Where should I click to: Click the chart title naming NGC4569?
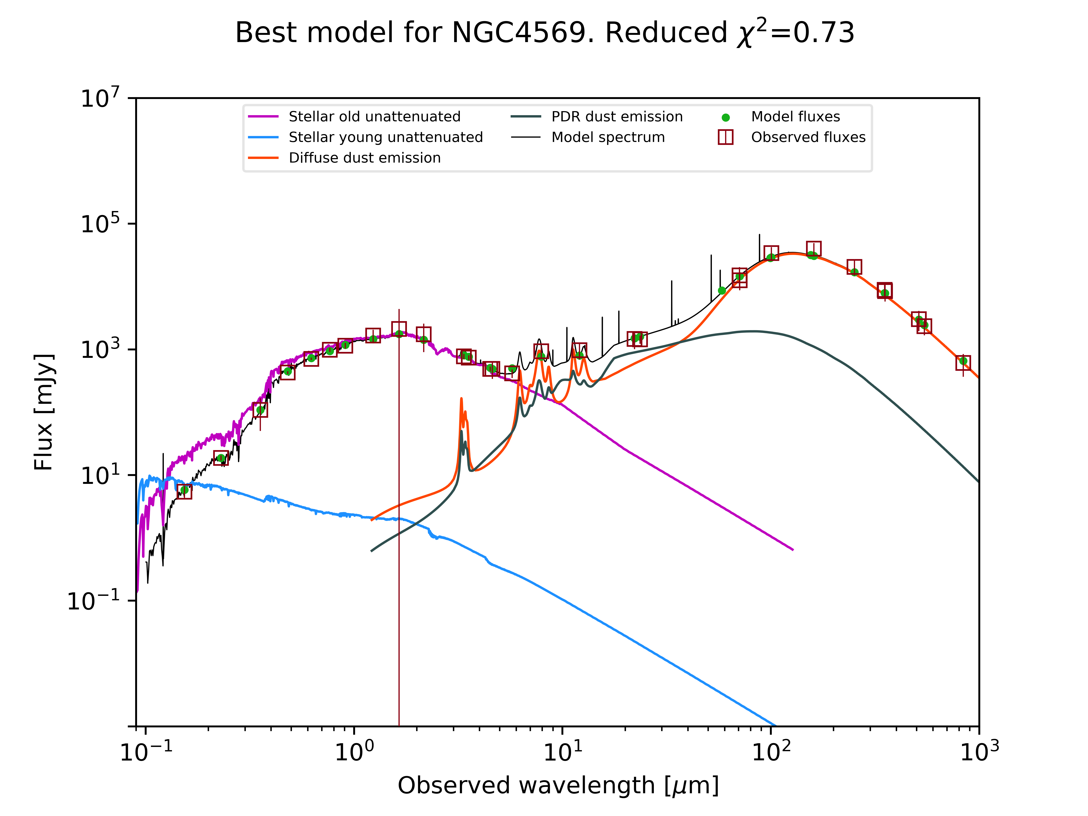(544, 33)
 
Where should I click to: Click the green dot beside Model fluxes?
(725, 118)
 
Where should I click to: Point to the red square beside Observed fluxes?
(725, 137)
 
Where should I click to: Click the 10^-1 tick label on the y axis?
(93, 601)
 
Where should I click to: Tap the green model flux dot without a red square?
(722, 291)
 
